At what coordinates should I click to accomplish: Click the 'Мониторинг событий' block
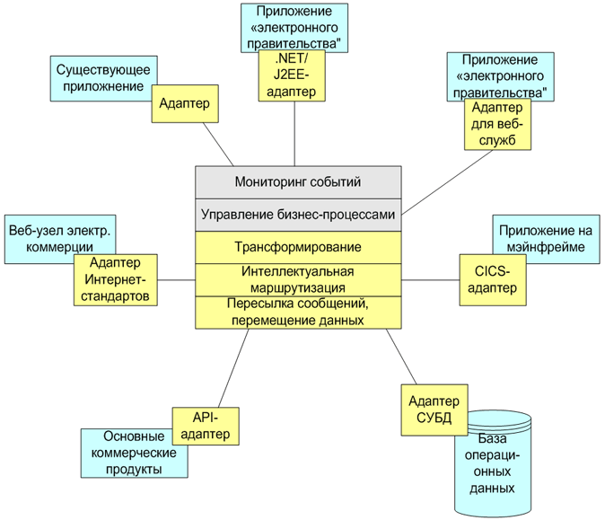point(298,182)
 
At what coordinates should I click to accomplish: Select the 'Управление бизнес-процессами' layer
point(298,215)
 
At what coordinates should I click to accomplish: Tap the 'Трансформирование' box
point(298,247)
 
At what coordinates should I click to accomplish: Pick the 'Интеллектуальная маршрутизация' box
point(298,279)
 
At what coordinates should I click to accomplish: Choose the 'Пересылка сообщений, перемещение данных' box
point(298,312)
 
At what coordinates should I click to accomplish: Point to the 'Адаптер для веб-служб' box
point(498,124)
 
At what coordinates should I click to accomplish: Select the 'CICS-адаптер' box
point(493,279)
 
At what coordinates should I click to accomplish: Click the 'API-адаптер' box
point(206,425)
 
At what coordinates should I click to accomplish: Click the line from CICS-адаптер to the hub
point(431,279)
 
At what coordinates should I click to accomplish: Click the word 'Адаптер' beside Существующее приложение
point(184,103)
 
